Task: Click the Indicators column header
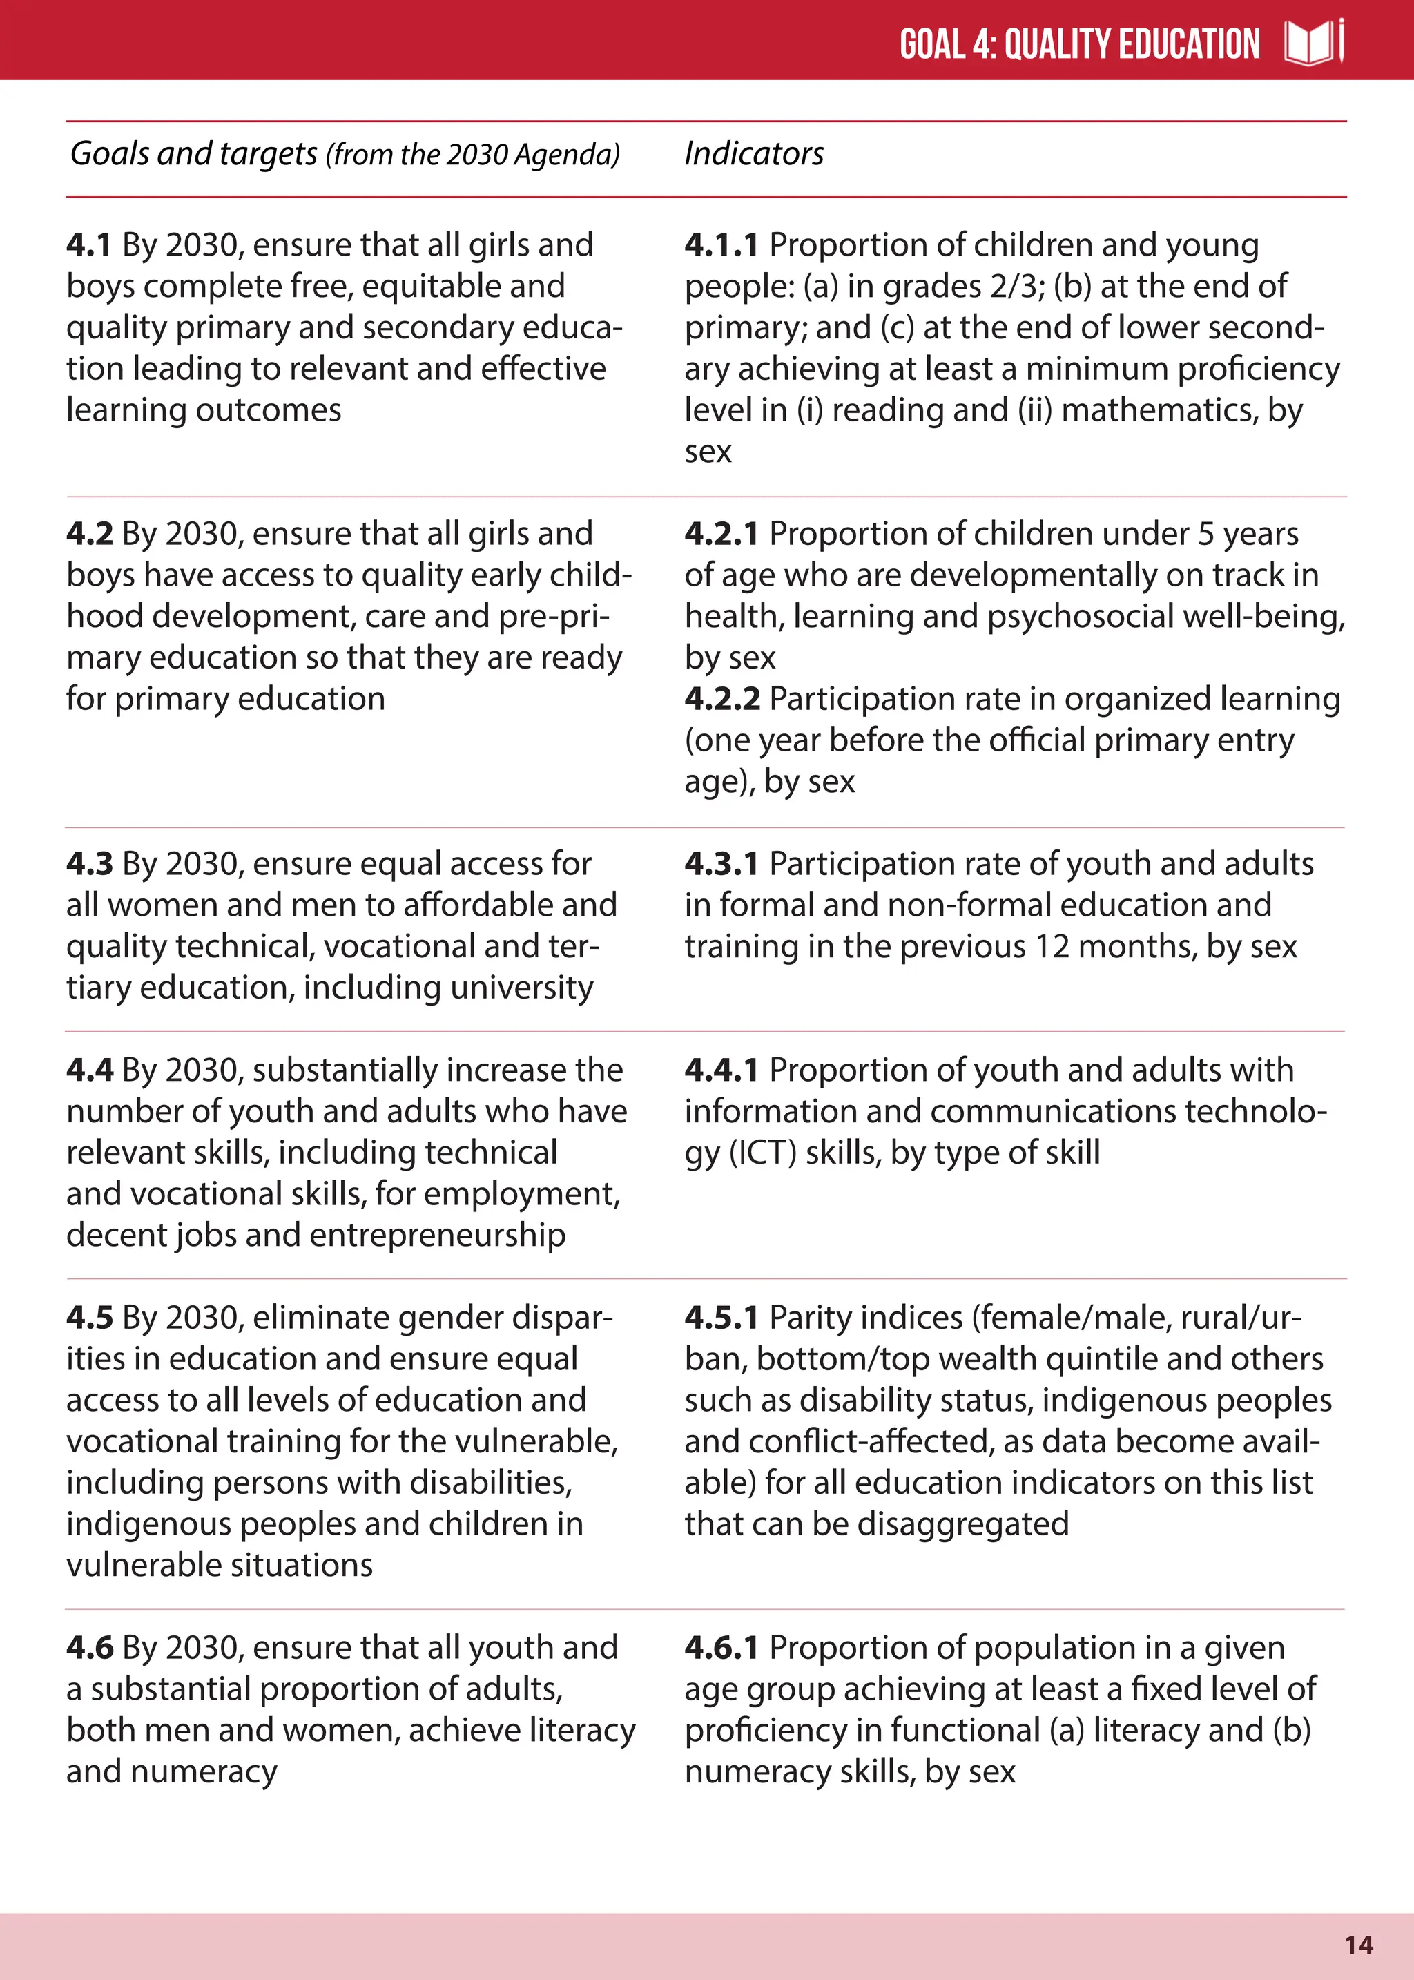754,154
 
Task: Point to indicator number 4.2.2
721,699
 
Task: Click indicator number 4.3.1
721,864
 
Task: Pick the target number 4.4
89,1070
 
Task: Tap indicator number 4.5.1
721,1318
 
